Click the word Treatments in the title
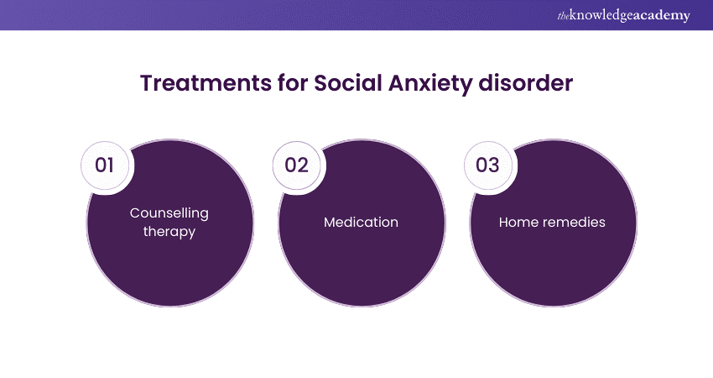(x=206, y=83)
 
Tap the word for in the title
(x=293, y=83)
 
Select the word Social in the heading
(x=348, y=83)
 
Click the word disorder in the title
(x=526, y=83)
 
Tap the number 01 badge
(x=105, y=165)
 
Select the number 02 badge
(x=296, y=165)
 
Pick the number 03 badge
(x=488, y=165)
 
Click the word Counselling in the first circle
(x=169, y=213)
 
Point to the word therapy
(x=169, y=232)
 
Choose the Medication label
(x=361, y=223)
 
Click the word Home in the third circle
(x=518, y=223)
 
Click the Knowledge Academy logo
(x=624, y=15)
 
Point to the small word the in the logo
(x=563, y=16)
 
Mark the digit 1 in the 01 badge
(x=111, y=165)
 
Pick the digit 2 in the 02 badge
(x=303, y=165)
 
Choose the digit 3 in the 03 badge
(x=494, y=165)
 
